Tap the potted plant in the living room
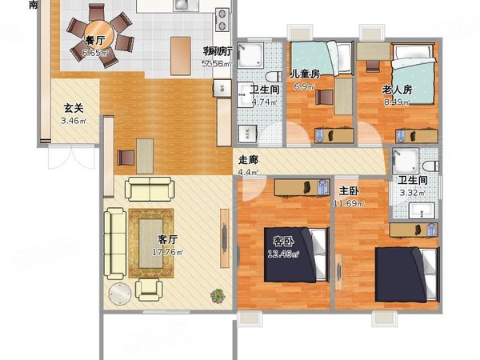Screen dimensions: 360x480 coord(217,296)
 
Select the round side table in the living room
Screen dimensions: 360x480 coord(121,294)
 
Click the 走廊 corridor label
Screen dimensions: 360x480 coord(248,158)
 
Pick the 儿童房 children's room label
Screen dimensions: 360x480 coord(305,73)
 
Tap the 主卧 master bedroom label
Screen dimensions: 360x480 coord(348,191)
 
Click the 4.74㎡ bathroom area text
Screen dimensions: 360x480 coord(263,102)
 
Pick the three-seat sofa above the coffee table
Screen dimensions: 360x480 coord(149,190)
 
